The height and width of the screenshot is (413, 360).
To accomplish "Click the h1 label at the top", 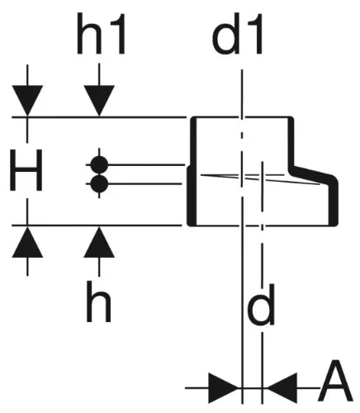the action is pos(101,34).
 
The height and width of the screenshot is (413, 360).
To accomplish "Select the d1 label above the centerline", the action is pos(237,34).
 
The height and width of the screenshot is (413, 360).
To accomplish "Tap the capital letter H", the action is pos(26,170).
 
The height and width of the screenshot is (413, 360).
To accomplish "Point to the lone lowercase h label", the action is pos(98,301).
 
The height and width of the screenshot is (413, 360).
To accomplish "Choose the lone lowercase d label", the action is pos(261,304).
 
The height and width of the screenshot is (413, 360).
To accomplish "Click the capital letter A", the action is pos(335,381).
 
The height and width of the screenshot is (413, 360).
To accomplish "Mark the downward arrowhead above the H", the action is pos(27,101).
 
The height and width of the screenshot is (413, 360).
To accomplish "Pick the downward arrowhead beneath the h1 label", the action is pos(99,101).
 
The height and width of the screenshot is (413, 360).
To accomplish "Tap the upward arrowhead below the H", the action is pos(27,242).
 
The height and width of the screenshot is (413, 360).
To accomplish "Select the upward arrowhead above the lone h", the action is pos(99,242).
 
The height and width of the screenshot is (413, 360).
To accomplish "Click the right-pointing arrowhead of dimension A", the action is pos(224,388).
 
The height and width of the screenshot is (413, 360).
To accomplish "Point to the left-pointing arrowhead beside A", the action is pos(282,388).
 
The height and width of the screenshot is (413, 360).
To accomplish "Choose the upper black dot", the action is pos(99,164).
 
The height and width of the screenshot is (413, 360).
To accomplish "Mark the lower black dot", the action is pos(99,184).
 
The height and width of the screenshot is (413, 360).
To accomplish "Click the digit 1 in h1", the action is pos(117,34).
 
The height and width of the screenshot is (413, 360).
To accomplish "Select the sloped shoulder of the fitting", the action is pos(314,174).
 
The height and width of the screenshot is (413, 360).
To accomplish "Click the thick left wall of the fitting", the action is pos(192,171).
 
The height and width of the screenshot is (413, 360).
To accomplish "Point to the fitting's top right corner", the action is pos(292,118).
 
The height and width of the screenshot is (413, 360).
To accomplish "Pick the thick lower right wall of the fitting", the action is pos(332,204).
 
